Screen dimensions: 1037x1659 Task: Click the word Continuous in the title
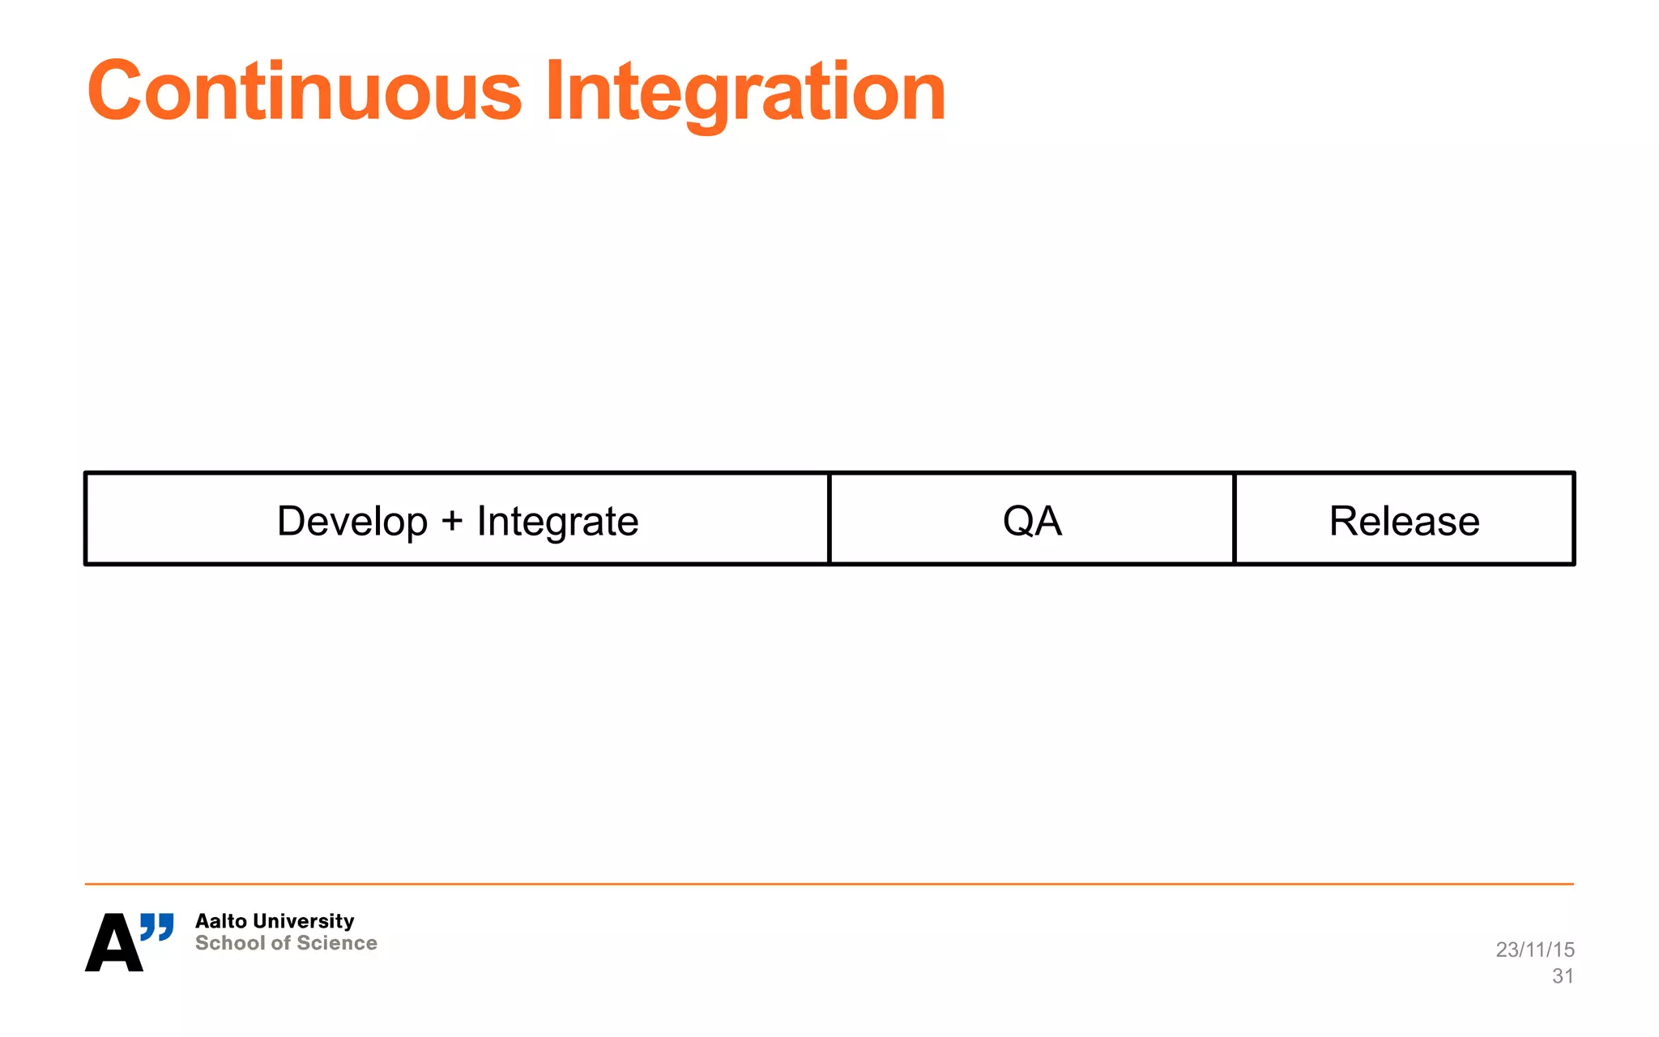point(305,92)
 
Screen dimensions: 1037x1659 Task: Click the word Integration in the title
point(745,92)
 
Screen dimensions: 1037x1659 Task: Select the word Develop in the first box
point(352,521)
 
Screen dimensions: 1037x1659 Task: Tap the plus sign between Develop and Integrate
point(452,521)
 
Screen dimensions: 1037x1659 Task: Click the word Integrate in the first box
point(557,521)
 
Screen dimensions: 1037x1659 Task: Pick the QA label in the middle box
point(1031,521)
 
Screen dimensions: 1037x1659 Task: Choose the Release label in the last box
point(1404,521)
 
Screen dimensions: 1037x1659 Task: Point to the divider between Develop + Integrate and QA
point(829,518)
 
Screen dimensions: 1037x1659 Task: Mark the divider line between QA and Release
point(1234,518)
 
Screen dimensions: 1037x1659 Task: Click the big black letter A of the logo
point(113,944)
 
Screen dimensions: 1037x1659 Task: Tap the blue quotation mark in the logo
point(157,927)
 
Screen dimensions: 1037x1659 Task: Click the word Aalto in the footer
point(220,921)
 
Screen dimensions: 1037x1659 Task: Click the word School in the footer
point(230,943)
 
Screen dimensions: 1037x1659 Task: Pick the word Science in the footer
point(337,943)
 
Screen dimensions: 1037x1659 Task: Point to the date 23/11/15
point(1534,950)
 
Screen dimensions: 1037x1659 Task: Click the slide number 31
point(1563,976)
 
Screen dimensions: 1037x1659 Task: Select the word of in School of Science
point(280,943)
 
